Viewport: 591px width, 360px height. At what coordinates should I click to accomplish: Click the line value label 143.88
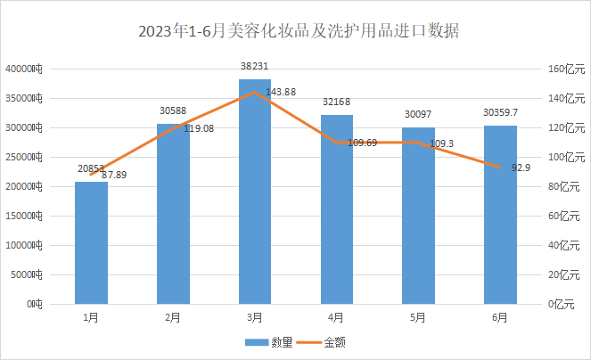(x=285, y=94)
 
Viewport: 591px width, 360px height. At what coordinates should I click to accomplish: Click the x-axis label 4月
(x=336, y=316)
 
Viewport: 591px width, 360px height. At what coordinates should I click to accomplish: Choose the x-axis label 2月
(x=173, y=316)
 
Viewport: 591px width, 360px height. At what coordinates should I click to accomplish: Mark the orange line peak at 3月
(x=255, y=92)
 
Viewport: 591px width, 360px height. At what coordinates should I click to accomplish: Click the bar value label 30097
(x=418, y=114)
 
